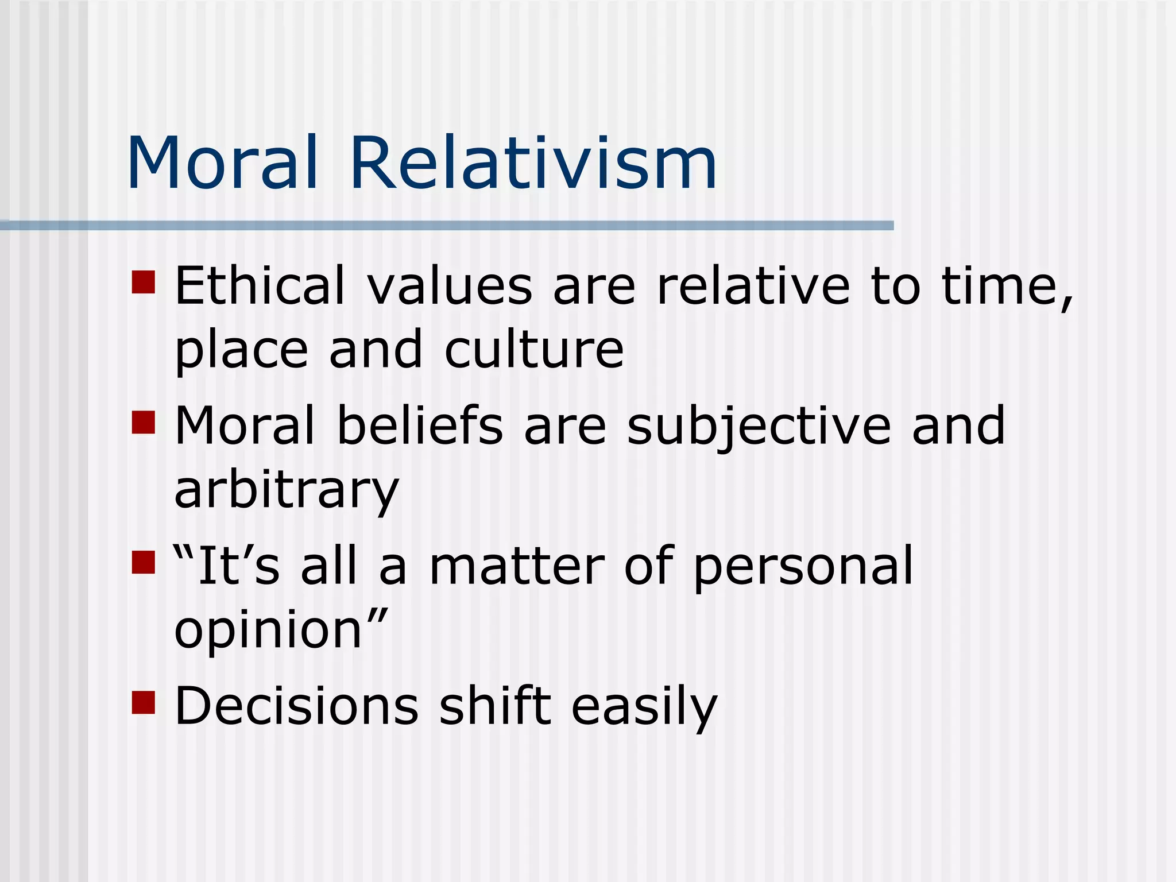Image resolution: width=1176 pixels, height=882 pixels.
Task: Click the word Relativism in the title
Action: pos(533,163)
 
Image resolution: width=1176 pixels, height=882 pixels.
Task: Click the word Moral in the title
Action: pos(223,163)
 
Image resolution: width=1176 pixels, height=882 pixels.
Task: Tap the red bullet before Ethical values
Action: pos(144,282)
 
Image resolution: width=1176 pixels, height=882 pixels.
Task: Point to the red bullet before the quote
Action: pos(144,562)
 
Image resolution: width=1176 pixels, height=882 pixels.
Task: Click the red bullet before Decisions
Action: pos(144,702)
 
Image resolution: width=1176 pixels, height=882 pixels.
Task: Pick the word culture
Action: pos(534,350)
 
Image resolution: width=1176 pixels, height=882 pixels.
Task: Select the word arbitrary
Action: pos(286,491)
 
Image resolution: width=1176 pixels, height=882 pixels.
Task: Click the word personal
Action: pos(803,568)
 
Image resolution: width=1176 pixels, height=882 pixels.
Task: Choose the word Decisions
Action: pos(297,706)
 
